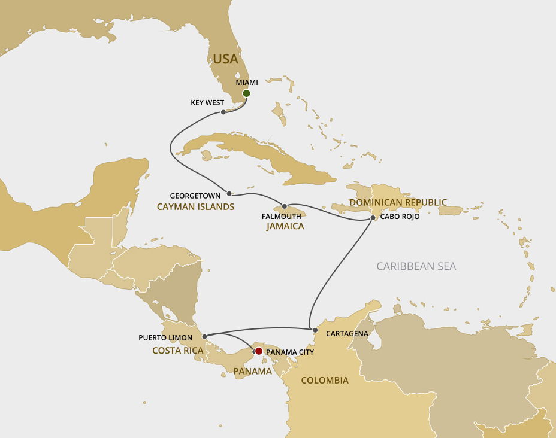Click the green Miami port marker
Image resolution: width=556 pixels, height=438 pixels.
click(x=246, y=93)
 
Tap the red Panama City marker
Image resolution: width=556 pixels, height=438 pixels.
click(x=259, y=351)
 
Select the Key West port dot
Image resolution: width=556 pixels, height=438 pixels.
click(x=223, y=112)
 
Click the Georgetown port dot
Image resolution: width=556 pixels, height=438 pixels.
click(x=229, y=193)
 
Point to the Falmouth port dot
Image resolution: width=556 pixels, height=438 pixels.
click(x=285, y=206)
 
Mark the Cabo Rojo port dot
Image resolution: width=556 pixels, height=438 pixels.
click(x=373, y=218)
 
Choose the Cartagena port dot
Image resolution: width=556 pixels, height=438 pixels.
click(x=315, y=330)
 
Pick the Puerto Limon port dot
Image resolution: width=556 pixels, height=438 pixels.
click(x=204, y=337)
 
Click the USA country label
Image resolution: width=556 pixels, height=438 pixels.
click(x=225, y=59)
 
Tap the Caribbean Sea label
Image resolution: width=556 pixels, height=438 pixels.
click(x=416, y=266)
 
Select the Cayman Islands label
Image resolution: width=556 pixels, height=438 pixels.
click(x=195, y=206)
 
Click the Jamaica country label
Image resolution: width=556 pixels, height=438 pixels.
click(x=285, y=226)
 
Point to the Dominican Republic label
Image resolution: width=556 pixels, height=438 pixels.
click(x=398, y=202)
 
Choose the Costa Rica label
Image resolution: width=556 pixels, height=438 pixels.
click(x=178, y=350)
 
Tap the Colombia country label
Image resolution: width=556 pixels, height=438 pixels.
click(x=324, y=380)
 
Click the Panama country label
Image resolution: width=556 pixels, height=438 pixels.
click(x=252, y=371)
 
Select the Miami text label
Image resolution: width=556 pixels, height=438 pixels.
click(x=247, y=82)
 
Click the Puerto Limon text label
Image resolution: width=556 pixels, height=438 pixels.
click(x=165, y=337)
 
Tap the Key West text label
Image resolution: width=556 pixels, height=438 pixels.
click(x=207, y=102)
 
